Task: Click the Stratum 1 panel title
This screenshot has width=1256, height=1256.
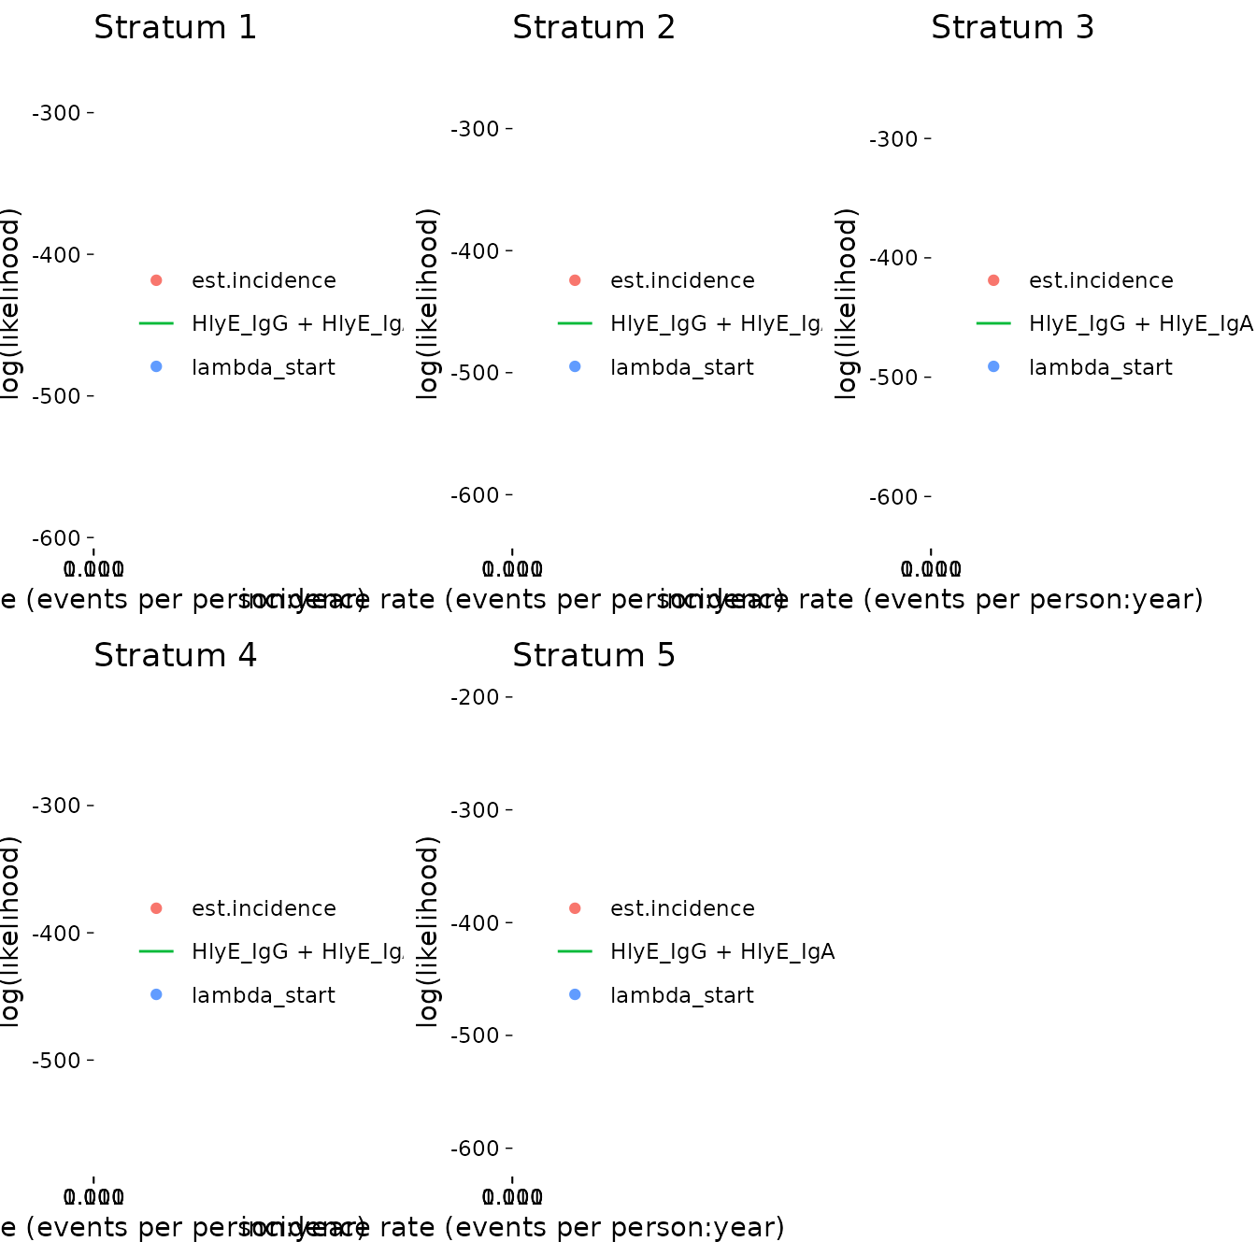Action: pyautogui.click(x=175, y=28)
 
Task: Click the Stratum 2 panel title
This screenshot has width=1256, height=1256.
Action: pyautogui.click(x=593, y=28)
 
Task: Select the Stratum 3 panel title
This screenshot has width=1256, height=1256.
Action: pyautogui.click(x=1012, y=28)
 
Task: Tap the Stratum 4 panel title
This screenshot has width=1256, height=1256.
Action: pyautogui.click(x=175, y=656)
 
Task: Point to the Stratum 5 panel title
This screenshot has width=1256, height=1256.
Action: pyautogui.click(x=593, y=656)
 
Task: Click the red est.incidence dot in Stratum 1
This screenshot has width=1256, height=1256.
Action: pyautogui.click(x=156, y=280)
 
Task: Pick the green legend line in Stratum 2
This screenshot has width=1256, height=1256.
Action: pyautogui.click(x=575, y=323)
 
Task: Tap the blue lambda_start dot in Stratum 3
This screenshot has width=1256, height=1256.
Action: pyautogui.click(x=993, y=367)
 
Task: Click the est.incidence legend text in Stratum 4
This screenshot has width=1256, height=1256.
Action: pyautogui.click(x=264, y=908)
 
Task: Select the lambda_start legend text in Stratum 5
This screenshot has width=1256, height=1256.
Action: pyautogui.click(x=681, y=995)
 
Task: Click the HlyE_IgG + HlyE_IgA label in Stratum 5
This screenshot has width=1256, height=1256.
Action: pyautogui.click(x=721, y=951)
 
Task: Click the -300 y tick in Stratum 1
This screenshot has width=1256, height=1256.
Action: pyautogui.click(x=58, y=113)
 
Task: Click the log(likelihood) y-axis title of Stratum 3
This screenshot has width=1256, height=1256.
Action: pyautogui.click(x=846, y=304)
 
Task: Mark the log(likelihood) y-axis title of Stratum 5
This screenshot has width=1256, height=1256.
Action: pyautogui.click(x=427, y=932)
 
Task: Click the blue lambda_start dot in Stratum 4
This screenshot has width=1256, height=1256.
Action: pyautogui.click(x=156, y=995)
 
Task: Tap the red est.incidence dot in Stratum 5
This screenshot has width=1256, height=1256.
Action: pyautogui.click(x=575, y=908)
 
